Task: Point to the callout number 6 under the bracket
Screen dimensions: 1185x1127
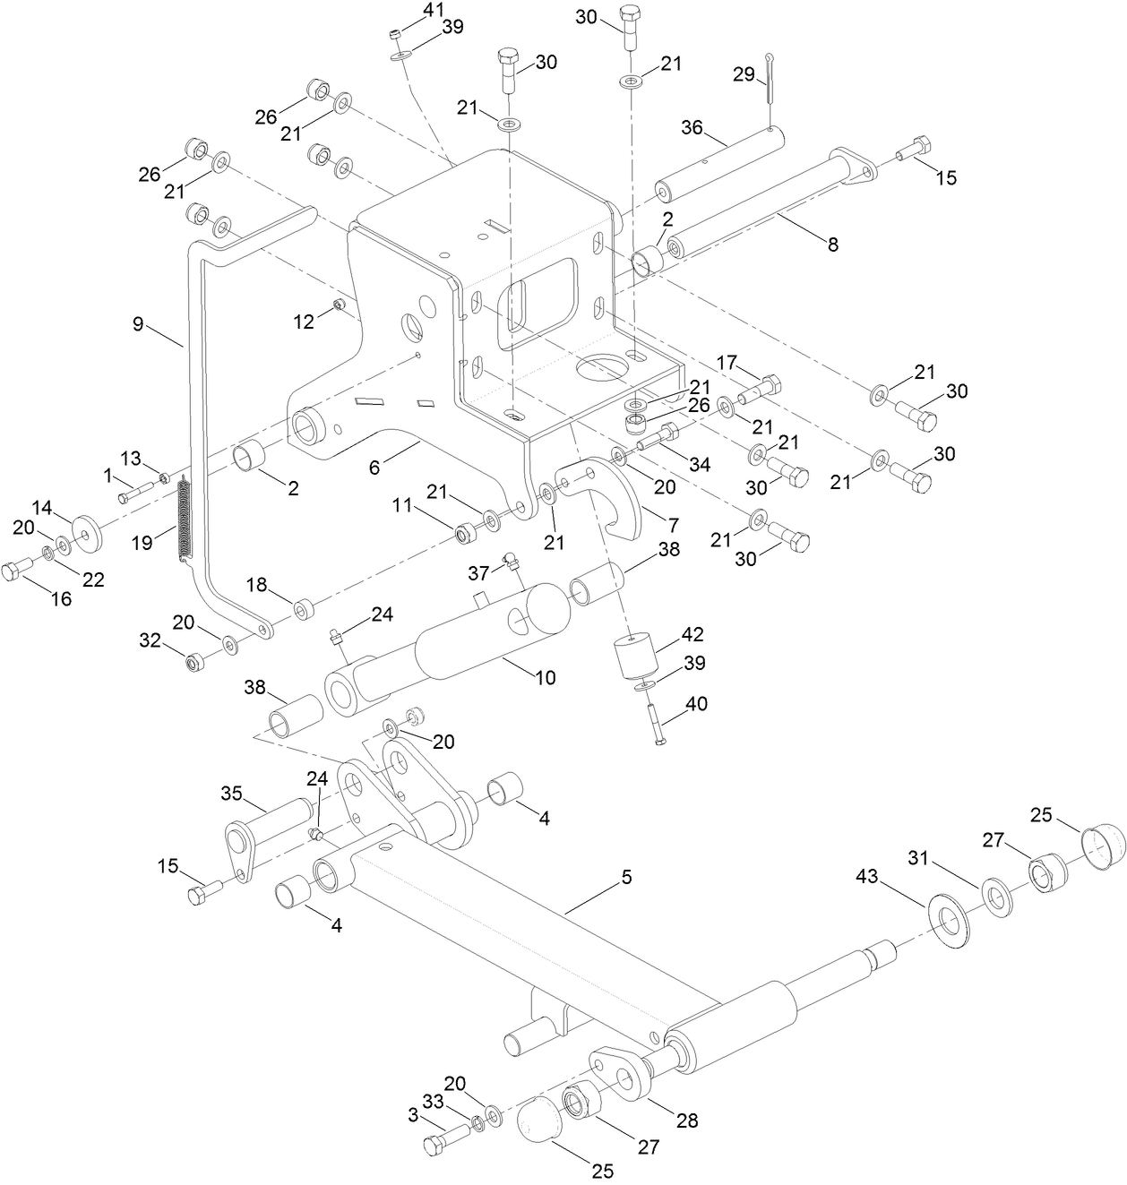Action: pyautogui.click(x=374, y=467)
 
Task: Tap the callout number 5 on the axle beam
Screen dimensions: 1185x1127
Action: pyautogui.click(x=626, y=877)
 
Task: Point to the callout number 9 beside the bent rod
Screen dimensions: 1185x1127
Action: pyautogui.click(x=138, y=323)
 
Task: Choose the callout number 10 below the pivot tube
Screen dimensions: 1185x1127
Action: pyautogui.click(x=545, y=677)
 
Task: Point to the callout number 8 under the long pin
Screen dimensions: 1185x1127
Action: pyautogui.click(x=832, y=244)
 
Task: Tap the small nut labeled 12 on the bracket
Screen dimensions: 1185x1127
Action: pyautogui.click(x=340, y=306)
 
